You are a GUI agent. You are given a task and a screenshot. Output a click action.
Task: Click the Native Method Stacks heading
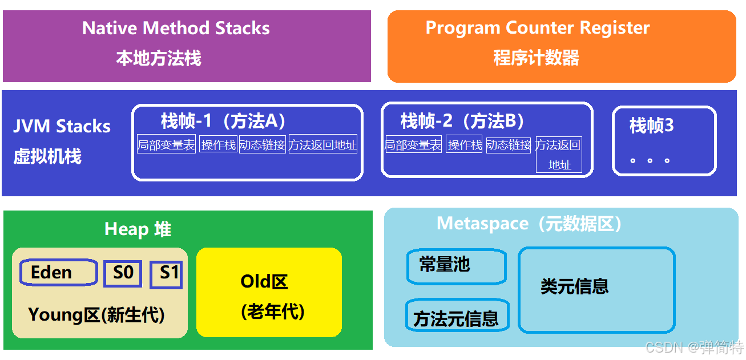[176, 28]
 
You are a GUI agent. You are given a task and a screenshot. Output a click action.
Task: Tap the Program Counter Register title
[537, 28]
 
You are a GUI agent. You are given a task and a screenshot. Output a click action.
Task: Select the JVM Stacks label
[62, 126]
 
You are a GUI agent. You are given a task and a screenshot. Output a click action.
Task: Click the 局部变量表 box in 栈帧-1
[166, 145]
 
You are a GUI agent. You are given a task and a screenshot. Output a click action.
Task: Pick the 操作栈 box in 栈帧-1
[218, 145]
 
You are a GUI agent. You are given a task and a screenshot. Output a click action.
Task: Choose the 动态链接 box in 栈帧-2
[509, 145]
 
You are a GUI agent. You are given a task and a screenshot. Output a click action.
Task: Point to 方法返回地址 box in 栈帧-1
[323, 145]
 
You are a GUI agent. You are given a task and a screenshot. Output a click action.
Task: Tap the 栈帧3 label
[651, 126]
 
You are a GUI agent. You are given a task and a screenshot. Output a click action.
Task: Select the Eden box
[58, 273]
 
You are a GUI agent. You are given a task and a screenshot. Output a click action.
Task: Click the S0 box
[123, 273]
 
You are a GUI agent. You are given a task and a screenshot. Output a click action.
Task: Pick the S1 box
[166, 274]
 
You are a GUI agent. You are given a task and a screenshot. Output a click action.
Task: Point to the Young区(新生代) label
[96, 314]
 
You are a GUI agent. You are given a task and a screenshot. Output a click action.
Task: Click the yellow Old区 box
[269, 292]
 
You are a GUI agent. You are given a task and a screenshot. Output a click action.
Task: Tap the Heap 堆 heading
[138, 229]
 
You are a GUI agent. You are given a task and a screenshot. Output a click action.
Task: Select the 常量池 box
[456, 266]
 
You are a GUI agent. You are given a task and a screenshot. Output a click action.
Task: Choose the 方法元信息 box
[457, 317]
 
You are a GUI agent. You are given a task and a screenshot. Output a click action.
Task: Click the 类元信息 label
[574, 286]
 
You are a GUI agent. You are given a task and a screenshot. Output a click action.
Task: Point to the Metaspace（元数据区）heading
[529, 223]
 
